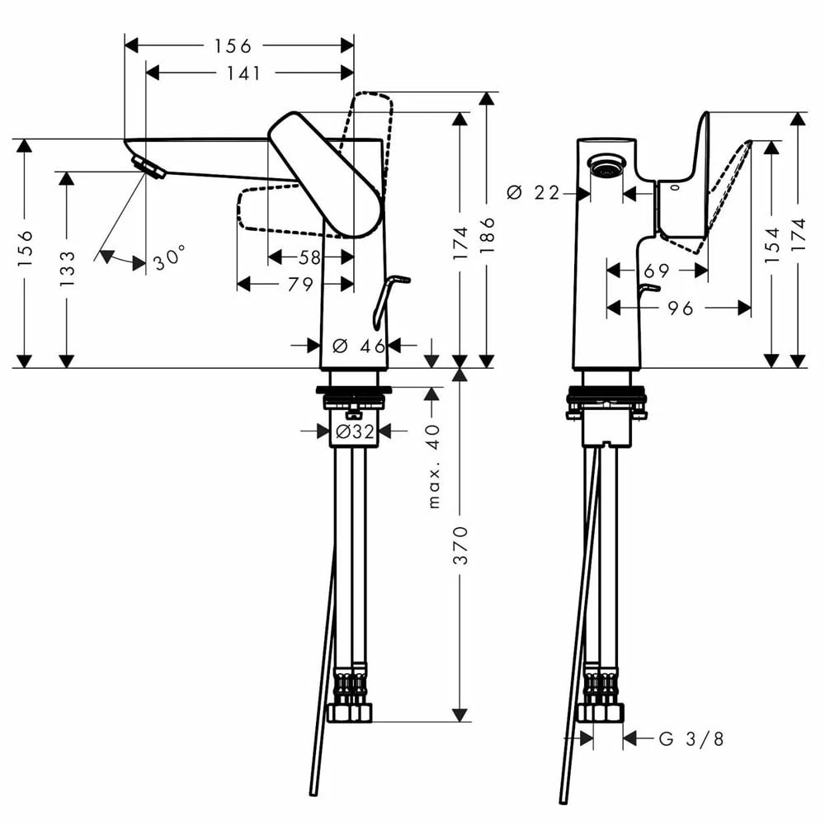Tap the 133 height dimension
point(67,267)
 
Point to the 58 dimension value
point(309,258)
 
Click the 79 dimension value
point(300,285)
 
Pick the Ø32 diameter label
point(355,431)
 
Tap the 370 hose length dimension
point(460,544)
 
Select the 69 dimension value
point(658,271)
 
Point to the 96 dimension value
point(680,309)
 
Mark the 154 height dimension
point(771,245)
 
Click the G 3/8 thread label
point(691,739)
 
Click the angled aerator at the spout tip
point(149,167)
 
